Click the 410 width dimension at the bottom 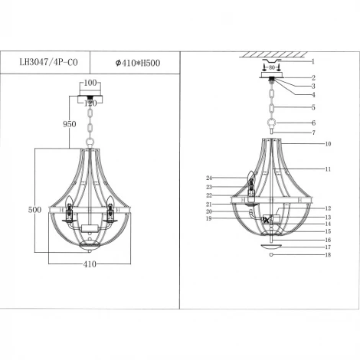coord(89,264)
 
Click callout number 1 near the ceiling coord(313,60)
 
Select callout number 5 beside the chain coord(313,107)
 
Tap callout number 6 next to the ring coord(313,123)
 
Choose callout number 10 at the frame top coord(327,143)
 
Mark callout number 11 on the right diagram coord(327,168)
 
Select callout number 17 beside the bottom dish coord(327,247)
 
